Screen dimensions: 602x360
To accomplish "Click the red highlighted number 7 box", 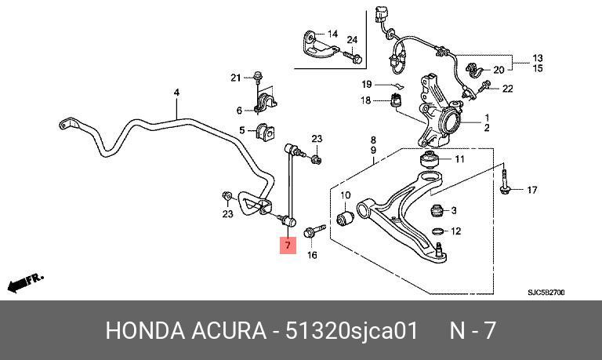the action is (288, 245).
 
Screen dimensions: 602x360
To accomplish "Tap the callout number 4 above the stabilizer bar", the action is (176, 93).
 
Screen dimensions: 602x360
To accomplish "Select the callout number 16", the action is (312, 255).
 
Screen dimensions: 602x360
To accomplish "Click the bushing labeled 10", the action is (345, 218).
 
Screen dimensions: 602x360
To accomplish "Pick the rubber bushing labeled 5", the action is (263, 132).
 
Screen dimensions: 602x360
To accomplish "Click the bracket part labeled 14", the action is (317, 45).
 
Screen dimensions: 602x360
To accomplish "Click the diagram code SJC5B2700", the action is (546, 293).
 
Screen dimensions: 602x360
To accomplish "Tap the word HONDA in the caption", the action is (145, 330).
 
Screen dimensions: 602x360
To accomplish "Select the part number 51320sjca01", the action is (351, 330).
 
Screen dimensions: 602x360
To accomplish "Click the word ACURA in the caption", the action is (229, 330).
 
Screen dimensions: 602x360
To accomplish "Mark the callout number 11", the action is (459, 158).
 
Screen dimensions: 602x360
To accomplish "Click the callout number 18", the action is (365, 100).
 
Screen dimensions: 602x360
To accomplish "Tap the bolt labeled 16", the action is (314, 231).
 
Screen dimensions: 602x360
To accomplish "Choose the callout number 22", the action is (508, 89).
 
